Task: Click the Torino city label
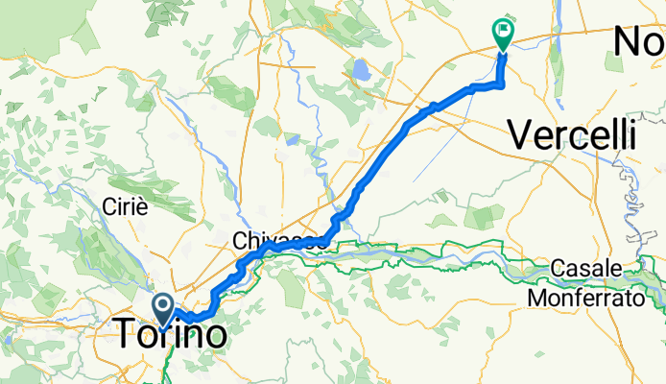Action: click(173, 334)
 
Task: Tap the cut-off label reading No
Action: click(638, 42)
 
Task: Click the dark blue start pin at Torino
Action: click(163, 310)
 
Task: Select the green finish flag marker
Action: click(502, 34)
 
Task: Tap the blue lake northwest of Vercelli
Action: click(361, 70)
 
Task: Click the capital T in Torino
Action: click(128, 334)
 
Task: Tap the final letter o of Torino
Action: click(214, 334)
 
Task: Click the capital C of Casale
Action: click(559, 267)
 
